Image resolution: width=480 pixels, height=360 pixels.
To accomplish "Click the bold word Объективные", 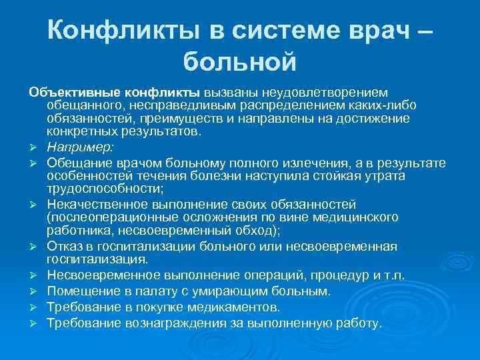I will (x=71, y=91).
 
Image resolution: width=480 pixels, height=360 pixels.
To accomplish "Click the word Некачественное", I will (x=97, y=203).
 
